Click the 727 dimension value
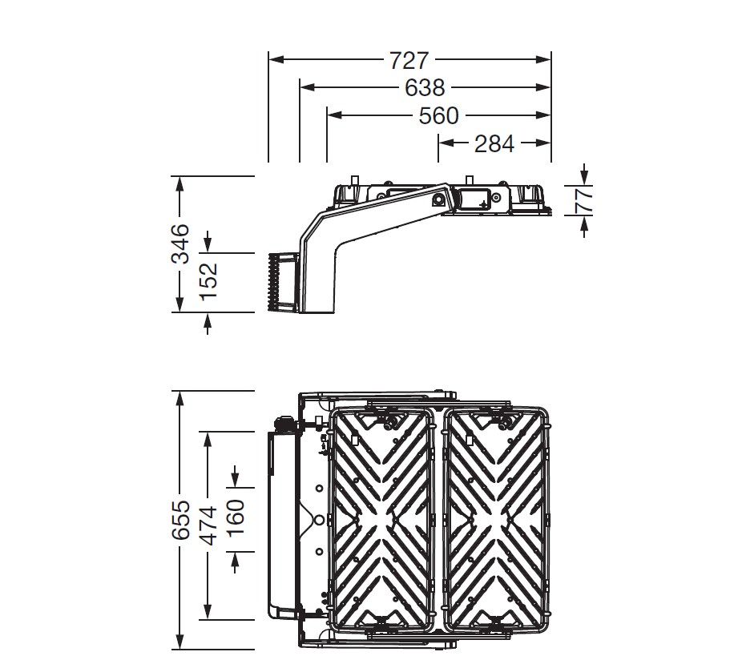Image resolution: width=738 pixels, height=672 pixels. click(409, 60)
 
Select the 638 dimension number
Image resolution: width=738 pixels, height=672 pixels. click(425, 87)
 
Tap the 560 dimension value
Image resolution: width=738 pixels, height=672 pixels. click(438, 116)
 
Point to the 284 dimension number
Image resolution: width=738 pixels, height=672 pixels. click(494, 143)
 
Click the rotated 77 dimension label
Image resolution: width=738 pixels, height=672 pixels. click(583, 200)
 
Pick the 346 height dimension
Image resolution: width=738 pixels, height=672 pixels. click(179, 243)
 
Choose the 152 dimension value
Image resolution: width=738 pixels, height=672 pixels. click(208, 281)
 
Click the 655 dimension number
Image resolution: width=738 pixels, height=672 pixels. click(180, 520)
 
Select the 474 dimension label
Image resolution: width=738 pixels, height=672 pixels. click(208, 525)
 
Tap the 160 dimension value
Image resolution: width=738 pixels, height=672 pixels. click(236, 518)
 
